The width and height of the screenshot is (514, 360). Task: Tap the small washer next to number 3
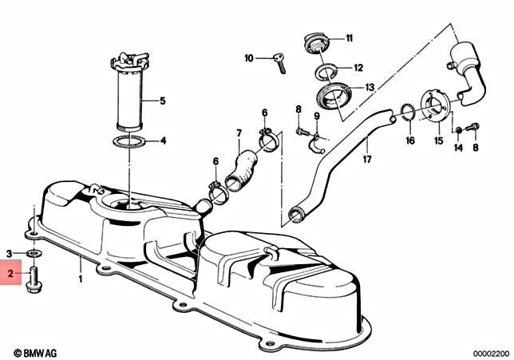[x=33, y=254]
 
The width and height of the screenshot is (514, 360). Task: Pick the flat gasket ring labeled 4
[x=128, y=142]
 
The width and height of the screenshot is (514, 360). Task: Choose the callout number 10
[x=249, y=57]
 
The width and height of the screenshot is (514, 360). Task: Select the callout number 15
[x=437, y=141]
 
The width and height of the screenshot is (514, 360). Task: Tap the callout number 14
[x=459, y=148]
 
